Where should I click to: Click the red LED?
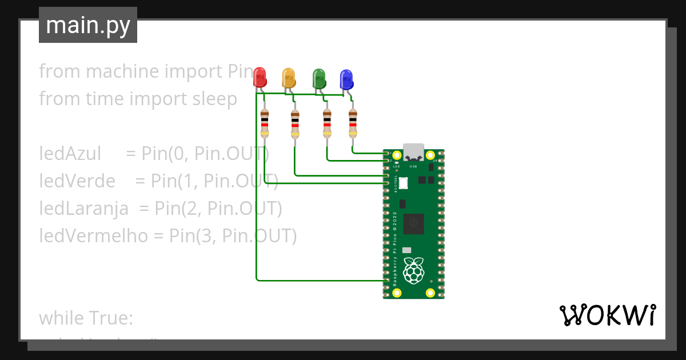point(260,77)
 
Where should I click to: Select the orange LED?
point(289,78)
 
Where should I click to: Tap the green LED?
point(318,78)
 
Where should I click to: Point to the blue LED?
point(346,79)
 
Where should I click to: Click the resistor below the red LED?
point(264,123)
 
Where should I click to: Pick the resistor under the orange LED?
point(295,124)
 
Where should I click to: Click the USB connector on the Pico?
point(413,153)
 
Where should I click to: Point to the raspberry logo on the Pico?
point(413,270)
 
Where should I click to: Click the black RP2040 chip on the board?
point(413,223)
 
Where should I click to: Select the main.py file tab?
point(88,25)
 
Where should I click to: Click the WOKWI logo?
point(607,315)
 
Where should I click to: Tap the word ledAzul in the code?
point(70,154)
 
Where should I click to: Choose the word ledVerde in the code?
point(77,181)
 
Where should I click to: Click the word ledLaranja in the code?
point(83,209)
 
